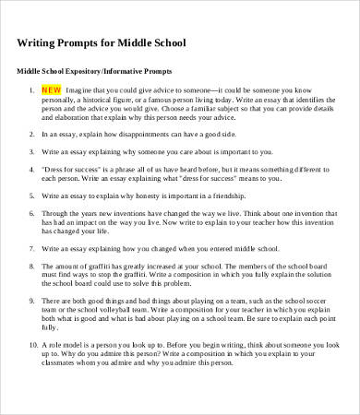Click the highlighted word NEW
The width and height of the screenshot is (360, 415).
point(51,90)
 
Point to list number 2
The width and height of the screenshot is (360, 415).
point(32,133)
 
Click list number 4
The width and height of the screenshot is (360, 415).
point(32,171)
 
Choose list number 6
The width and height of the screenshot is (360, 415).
point(32,211)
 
